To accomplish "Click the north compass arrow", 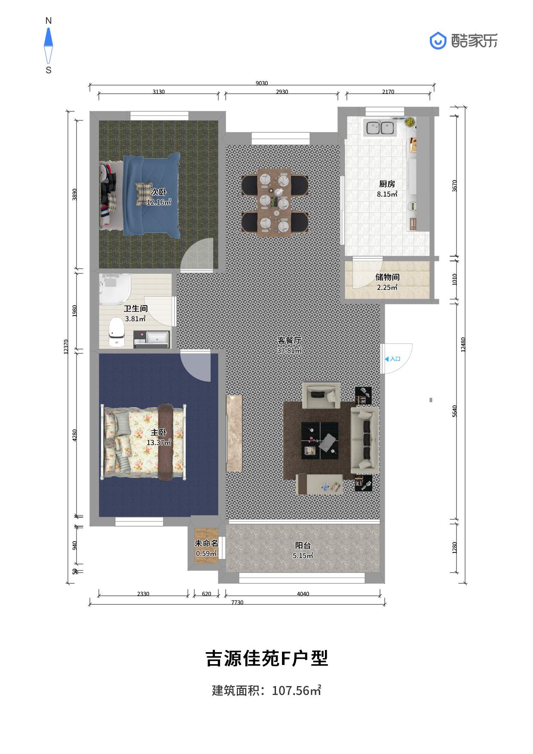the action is (49, 37).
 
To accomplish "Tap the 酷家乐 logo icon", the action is (438, 41).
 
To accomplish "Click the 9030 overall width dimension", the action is (262, 83).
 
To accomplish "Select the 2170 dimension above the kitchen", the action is (388, 92).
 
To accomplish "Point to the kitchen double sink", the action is (380, 128).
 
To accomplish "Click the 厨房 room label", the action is (387, 184).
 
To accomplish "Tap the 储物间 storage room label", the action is (387, 277).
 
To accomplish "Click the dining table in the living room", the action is (275, 202).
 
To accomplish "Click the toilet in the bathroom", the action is (116, 332).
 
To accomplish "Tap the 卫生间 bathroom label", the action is (136, 309).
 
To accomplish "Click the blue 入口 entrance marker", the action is (392, 359).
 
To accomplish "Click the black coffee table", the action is (320, 441).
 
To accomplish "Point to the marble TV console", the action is (234, 433).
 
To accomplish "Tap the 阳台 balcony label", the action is (303, 546).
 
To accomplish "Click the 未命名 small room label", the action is (206, 543).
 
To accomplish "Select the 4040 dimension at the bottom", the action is (303, 594).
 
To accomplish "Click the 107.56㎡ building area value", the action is (297, 691).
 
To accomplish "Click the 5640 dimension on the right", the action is (455, 411).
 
